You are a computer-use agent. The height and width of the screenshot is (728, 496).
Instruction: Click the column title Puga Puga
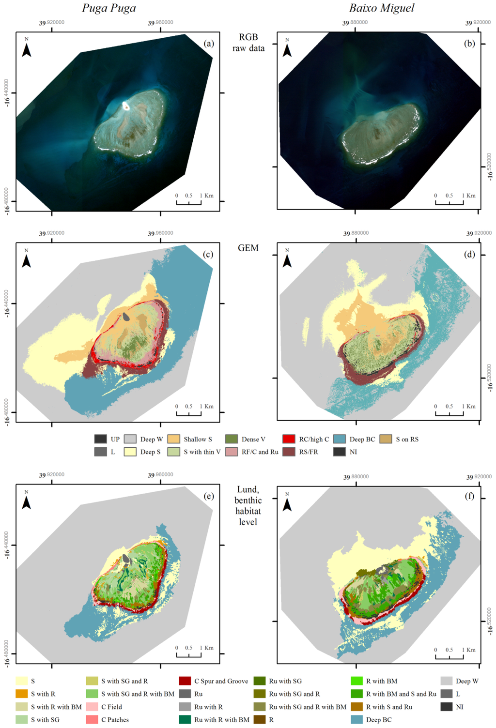pos(108,8)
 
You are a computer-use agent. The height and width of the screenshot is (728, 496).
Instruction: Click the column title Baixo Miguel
pos(382,8)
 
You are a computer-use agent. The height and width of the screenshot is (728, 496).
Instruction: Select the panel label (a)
pos(209,44)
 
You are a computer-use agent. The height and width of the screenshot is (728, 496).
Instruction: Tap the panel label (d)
pos(469,254)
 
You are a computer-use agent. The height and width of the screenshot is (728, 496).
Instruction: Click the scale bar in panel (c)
pos(189,413)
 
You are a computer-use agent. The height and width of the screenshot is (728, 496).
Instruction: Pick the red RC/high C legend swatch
pos(289,439)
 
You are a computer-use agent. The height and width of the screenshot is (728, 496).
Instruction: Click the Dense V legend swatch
pos(232,439)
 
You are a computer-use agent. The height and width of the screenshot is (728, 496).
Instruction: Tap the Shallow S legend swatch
pos(173,439)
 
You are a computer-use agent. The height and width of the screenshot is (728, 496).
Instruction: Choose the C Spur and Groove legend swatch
pos(185,681)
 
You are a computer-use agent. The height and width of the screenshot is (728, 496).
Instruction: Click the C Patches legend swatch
pos(92,720)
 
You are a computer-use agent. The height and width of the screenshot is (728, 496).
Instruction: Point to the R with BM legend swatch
pos(356,681)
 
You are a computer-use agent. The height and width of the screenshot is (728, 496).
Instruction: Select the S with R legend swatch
pos(22,694)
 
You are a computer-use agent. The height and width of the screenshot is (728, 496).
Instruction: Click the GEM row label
pos(248,248)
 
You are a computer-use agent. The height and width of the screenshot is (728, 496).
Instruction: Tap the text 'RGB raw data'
pos(248,43)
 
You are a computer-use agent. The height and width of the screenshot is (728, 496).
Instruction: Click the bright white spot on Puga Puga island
pos(126,106)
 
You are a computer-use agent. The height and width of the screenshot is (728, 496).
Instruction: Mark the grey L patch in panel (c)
pos(126,317)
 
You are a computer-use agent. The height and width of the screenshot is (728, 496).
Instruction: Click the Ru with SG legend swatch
pos(259,681)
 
